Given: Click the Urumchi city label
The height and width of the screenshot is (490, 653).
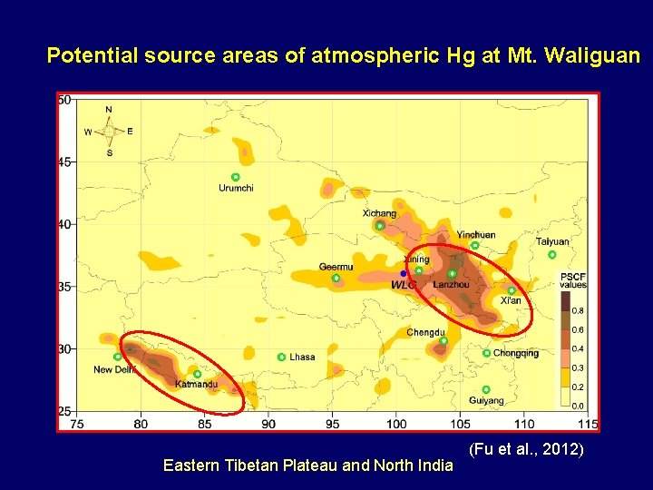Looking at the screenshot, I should click(236, 189).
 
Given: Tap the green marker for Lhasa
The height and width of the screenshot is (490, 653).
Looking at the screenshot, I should click(281, 357).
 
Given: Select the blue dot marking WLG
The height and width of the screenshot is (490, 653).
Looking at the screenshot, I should click(404, 273).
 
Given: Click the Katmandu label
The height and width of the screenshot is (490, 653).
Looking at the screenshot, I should click(196, 385).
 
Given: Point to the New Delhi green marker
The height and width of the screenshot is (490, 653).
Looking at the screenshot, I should click(118, 357).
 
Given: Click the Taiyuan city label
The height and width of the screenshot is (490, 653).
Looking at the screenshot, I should click(552, 242).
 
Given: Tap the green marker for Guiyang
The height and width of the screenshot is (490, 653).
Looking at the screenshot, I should click(486, 389).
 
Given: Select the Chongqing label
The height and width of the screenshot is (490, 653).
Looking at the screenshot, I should click(516, 353).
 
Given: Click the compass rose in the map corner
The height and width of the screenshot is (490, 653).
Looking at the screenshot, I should click(109, 131).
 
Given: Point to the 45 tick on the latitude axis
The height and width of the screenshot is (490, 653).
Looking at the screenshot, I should click(64, 162).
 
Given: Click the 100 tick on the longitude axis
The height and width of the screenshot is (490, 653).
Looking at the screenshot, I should click(396, 424).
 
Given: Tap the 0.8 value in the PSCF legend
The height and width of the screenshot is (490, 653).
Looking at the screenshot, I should click(578, 310).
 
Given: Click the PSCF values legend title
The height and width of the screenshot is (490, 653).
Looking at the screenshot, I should click(572, 280).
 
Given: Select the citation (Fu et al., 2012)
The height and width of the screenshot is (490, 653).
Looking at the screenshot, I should click(526, 450).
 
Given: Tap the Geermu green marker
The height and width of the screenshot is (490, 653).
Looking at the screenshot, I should click(336, 278).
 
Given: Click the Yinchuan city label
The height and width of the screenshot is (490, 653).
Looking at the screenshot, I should click(476, 234).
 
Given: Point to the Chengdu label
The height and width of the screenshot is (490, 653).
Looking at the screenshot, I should click(425, 332).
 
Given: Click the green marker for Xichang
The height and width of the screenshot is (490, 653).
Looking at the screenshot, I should click(380, 225).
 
